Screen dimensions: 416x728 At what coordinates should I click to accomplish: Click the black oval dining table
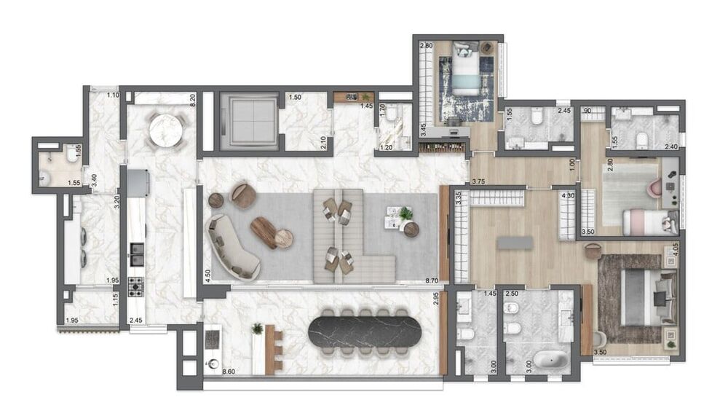point(365,332)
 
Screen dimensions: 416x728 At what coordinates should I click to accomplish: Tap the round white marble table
point(165,131)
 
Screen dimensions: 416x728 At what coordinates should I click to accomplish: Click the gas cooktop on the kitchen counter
point(136,286)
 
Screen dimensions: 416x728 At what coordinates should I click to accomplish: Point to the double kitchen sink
point(136,252)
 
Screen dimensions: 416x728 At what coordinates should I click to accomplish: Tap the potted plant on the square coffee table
point(405,213)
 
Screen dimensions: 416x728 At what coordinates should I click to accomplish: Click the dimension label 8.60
point(228,372)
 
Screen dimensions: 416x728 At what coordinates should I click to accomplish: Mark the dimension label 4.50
point(207,275)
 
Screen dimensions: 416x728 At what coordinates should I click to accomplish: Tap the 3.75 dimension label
point(478,181)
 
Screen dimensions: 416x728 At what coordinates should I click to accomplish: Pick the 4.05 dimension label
point(676,247)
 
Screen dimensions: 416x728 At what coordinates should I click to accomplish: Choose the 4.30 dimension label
point(569,196)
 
